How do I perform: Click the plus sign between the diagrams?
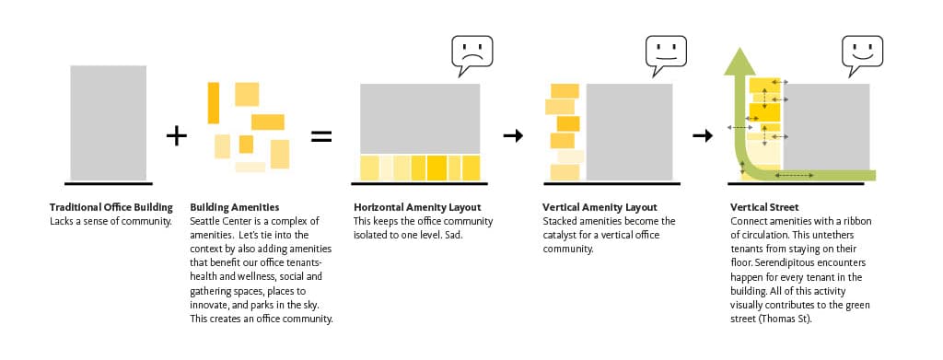click(x=177, y=136)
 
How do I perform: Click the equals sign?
click(x=321, y=136)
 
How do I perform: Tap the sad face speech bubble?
click(x=471, y=55)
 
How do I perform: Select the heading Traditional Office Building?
click(x=111, y=208)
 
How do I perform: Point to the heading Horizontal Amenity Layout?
click(x=417, y=208)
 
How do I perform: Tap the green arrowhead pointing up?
click(x=739, y=62)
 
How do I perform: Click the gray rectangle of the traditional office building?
click(x=109, y=122)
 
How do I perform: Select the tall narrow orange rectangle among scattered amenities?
click(x=214, y=103)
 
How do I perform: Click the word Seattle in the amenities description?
click(x=204, y=221)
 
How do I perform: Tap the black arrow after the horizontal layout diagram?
click(x=513, y=136)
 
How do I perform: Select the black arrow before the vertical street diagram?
click(x=703, y=136)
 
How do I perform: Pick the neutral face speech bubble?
click(x=666, y=55)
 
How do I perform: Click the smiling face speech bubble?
click(x=862, y=55)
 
